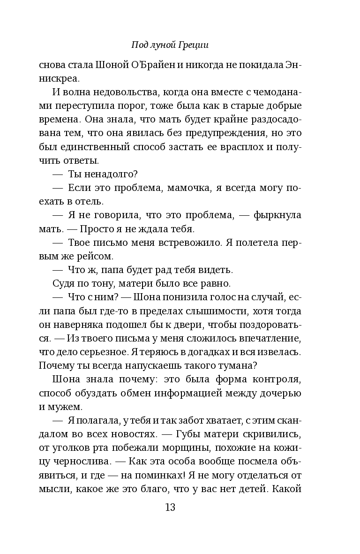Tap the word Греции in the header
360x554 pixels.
194,45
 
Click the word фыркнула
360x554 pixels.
277,215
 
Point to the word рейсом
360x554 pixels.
97,256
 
